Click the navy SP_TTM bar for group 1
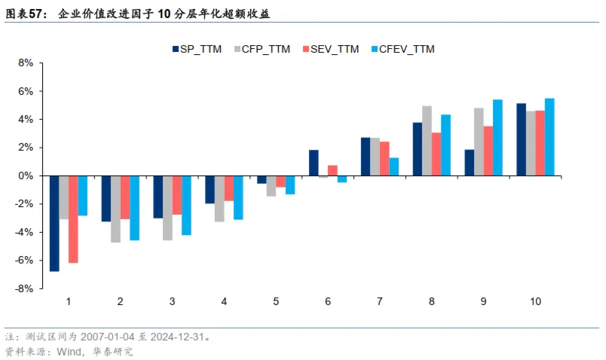54,223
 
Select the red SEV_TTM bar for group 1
73,219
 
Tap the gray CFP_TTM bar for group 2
115,209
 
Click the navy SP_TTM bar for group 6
314,163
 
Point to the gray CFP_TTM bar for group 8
427,141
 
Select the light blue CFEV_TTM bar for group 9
497,138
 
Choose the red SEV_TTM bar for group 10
540,143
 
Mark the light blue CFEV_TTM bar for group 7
394,166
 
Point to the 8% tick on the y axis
25,63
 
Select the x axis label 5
276,301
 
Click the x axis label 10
535,301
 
